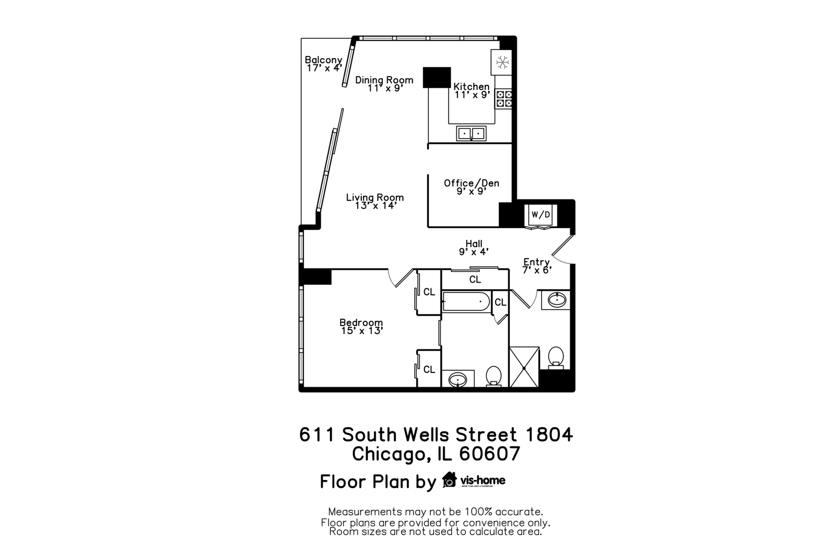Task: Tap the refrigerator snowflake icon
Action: point(503,62)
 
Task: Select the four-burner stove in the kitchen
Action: point(504,99)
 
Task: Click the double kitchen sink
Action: point(471,134)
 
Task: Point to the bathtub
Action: point(466,302)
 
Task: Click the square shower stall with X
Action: point(524,367)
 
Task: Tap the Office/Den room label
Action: point(471,183)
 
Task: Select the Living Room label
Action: point(375,197)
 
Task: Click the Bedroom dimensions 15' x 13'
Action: point(361,331)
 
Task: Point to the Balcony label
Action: point(323,60)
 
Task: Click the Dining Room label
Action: point(384,80)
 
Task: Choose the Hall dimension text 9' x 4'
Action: point(474,252)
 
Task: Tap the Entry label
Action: point(536,262)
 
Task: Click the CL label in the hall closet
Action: point(475,280)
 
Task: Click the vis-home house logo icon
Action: point(449,480)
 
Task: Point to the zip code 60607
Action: point(490,454)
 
